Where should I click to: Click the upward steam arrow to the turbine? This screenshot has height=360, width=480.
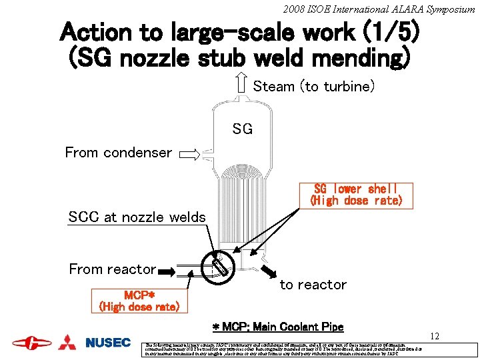241,84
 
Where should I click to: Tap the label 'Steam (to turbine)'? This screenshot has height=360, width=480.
314,87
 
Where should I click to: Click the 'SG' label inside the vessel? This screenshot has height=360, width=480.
243,129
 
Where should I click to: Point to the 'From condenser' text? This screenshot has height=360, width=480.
118,153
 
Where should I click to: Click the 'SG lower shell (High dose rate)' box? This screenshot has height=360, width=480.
356,194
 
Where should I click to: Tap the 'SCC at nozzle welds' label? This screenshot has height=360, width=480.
137,217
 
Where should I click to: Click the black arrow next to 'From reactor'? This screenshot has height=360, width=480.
168,271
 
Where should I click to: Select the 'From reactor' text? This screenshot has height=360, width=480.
112,269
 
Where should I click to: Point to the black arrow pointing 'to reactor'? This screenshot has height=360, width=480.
269,271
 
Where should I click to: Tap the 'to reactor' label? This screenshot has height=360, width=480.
313,285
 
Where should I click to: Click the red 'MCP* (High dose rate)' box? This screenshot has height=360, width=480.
139,301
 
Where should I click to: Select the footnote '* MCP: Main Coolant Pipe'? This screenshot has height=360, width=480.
277,327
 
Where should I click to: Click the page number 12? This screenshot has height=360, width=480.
434,337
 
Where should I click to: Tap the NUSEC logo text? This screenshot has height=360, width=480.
108,343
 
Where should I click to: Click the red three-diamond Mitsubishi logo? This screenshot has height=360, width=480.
67,342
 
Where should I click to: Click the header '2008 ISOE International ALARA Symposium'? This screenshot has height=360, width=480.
378,9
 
